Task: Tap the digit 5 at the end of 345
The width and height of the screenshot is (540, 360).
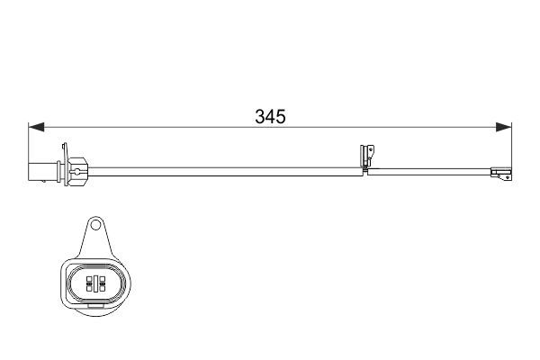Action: pyautogui.click(x=281, y=117)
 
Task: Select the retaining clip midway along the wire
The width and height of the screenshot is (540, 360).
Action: pyautogui.click(x=365, y=158)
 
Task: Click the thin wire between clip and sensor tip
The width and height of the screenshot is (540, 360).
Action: pyautogui.click(x=432, y=169)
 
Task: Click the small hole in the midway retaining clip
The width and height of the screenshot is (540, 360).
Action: pyautogui.click(x=368, y=149)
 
